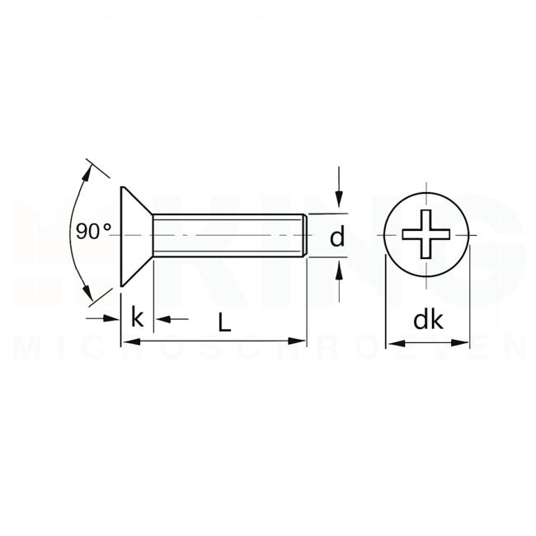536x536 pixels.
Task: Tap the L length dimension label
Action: coord(224,323)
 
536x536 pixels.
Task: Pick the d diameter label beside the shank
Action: coord(336,237)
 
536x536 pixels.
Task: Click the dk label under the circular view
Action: coord(427,321)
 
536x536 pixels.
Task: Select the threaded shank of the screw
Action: coord(227,236)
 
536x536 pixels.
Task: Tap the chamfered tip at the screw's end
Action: coord(306,236)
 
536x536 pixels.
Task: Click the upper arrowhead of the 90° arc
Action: coord(88,170)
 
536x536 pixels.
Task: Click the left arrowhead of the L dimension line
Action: coord(128,341)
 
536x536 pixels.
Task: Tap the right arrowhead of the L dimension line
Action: coord(299,341)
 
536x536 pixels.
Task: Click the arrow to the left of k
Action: coord(114,318)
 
